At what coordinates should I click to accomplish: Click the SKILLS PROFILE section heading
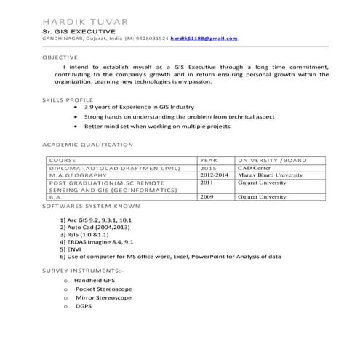[x=68, y=99]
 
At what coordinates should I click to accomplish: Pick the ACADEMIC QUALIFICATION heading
[x=87, y=145]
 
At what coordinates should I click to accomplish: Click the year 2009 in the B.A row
[x=207, y=196]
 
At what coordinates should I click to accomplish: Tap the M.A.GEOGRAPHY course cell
[x=80, y=175]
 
